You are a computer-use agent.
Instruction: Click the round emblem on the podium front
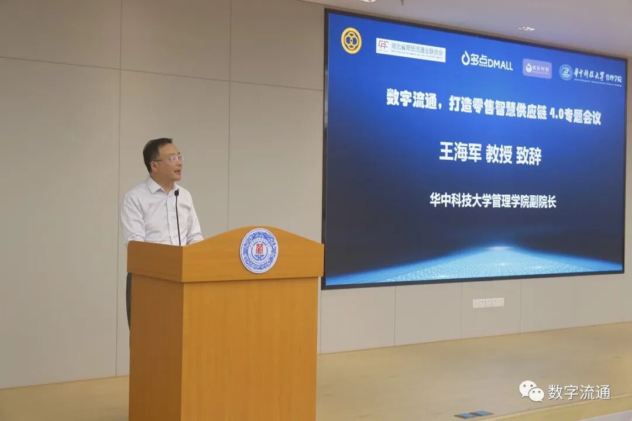[x=259, y=250]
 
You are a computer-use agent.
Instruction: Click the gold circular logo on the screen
[x=351, y=40]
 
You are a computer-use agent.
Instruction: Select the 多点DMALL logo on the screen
[x=486, y=60]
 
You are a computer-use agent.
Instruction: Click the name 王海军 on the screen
[x=460, y=154]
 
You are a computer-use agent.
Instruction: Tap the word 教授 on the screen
[x=499, y=154]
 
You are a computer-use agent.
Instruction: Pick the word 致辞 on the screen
[x=528, y=155]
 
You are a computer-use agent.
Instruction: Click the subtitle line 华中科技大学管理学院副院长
[x=493, y=201]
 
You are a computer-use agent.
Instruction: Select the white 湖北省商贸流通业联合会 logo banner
[x=410, y=50]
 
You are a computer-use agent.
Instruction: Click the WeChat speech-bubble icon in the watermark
[x=531, y=391]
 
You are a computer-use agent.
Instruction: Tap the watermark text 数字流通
[x=579, y=392]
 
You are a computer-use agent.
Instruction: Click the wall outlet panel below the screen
[x=488, y=302]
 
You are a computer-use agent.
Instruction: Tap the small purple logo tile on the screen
[x=537, y=68]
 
